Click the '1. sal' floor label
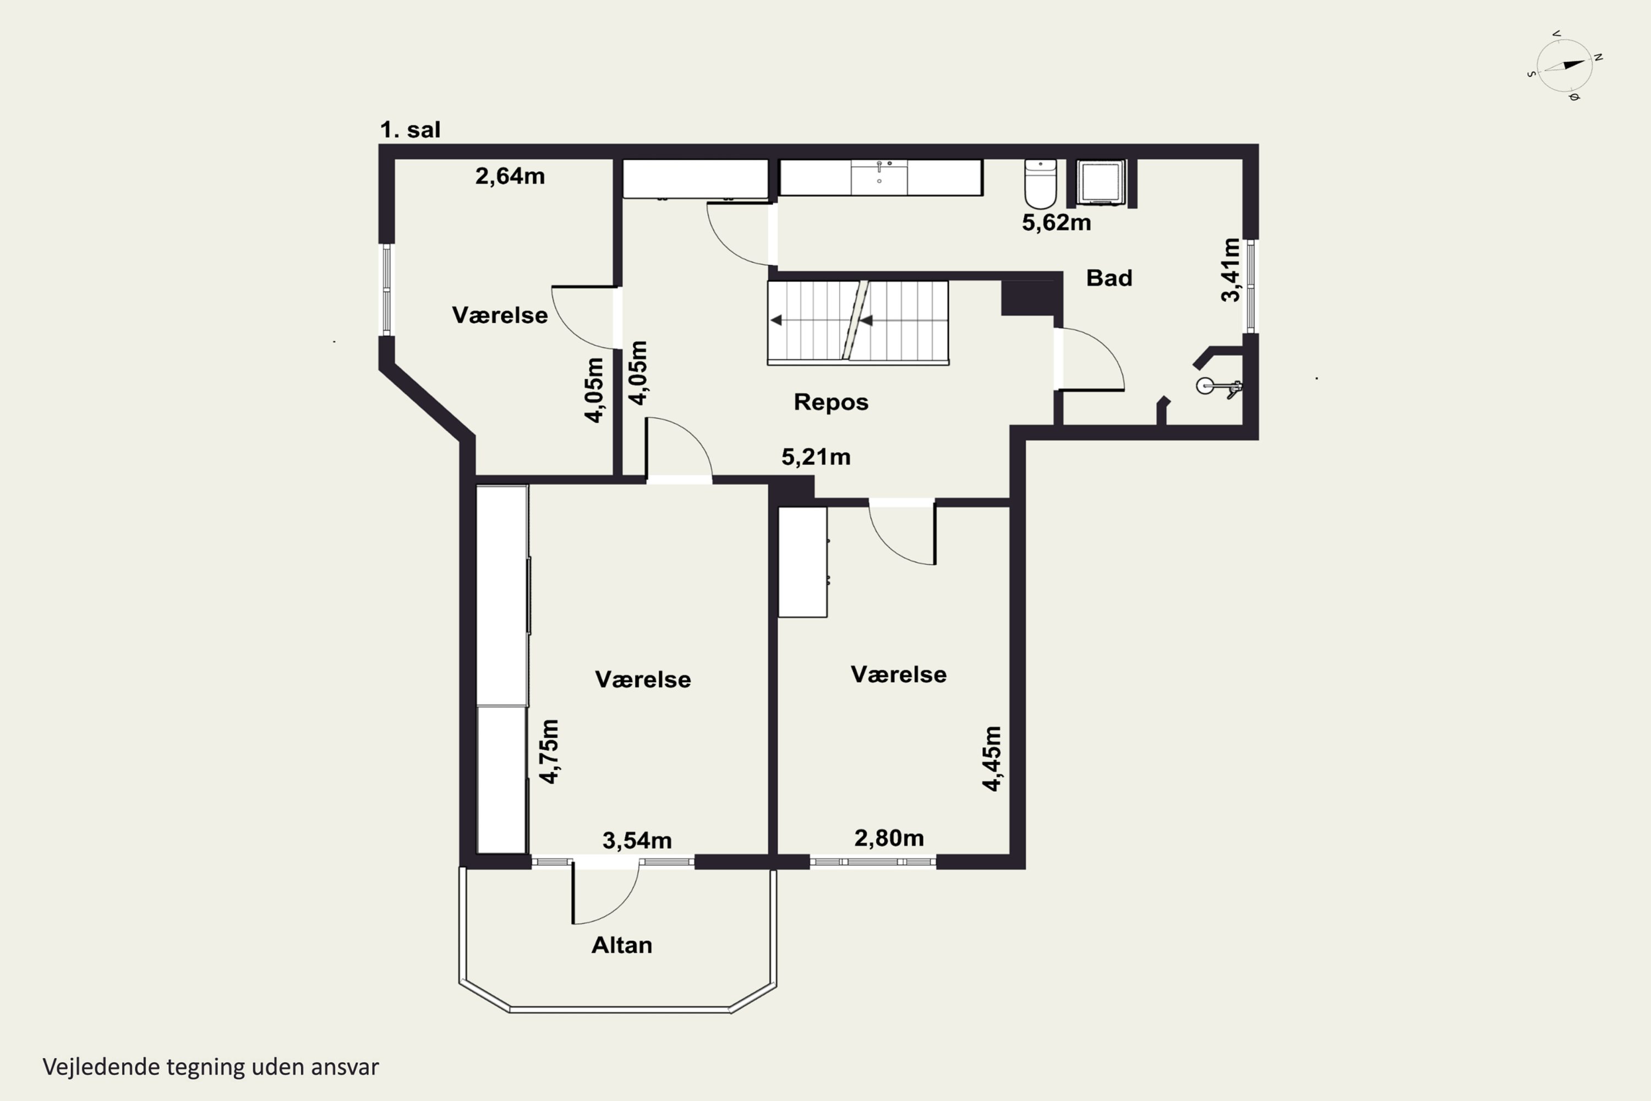(x=410, y=130)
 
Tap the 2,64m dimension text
(x=510, y=176)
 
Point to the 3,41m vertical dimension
(x=1231, y=270)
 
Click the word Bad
(x=1109, y=278)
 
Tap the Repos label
(x=831, y=402)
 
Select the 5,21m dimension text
(x=816, y=457)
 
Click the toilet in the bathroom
(x=1040, y=183)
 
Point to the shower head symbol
(x=1218, y=386)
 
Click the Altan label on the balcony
(x=622, y=945)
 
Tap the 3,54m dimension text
(x=637, y=841)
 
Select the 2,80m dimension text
(x=889, y=838)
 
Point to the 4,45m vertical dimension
(x=991, y=759)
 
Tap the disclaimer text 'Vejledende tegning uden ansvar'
(x=211, y=1067)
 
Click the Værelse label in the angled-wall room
(x=500, y=315)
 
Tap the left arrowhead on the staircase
(x=775, y=321)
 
